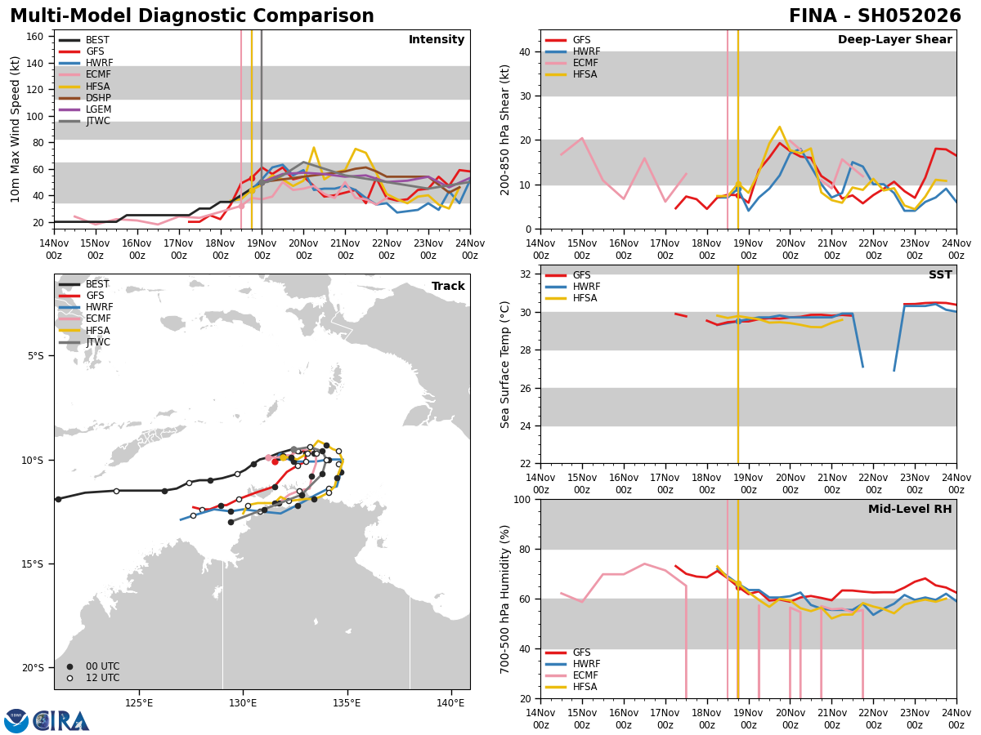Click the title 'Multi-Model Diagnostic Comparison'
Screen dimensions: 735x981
pyautogui.click(x=192, y=16)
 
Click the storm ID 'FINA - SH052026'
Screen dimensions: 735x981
pyautogui.click(x=875, y=16)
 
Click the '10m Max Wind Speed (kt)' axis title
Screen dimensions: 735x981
pyautogui.click(x=15, y=129)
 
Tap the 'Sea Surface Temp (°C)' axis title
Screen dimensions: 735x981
pyautogui.click(x=505, y=364)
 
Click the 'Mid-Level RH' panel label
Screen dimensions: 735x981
pyautogui.click(x=910, y=510)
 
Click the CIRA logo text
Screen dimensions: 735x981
pyautogui.click(x=61, y=720)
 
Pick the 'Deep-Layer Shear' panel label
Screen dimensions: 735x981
pyautogui.click(x=894, y=40)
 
